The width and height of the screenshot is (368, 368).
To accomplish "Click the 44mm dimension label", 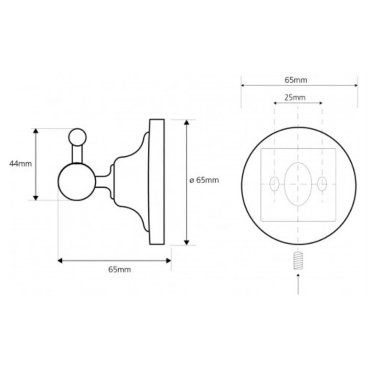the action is [20, 164].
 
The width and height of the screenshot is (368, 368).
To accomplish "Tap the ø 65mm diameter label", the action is [204, 180].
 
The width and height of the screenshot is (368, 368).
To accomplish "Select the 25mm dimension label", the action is [295, 98].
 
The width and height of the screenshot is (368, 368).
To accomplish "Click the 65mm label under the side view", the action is [120, 270].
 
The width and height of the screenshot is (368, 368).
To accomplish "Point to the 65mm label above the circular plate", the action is [296, 80].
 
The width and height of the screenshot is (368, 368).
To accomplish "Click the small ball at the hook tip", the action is [77, 137].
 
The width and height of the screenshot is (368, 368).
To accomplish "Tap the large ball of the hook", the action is [77, 182].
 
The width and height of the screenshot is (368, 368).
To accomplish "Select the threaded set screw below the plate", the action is [298, 260].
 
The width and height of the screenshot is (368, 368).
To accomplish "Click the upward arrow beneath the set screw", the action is [298, 284].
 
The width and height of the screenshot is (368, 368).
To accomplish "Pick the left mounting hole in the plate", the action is [274, 184].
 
